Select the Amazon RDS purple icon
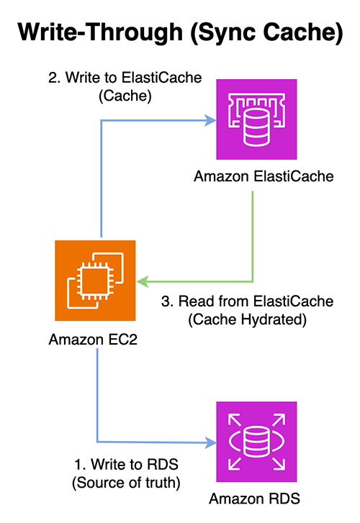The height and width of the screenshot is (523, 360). (257, 440)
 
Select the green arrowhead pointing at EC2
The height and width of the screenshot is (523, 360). (141, 280)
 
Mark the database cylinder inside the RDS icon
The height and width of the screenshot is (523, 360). (257, 440)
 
